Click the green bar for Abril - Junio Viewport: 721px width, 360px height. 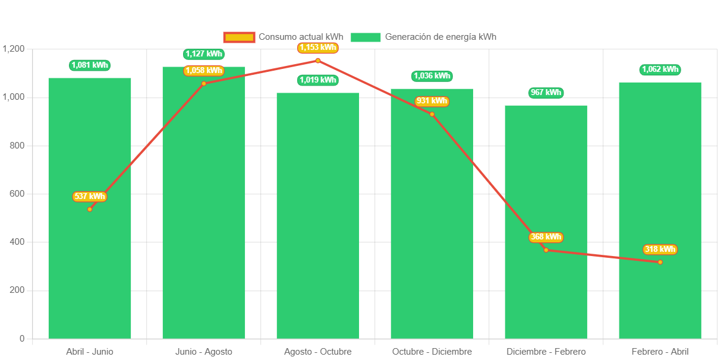(90, 267)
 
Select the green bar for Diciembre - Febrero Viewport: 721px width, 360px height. (546, 285)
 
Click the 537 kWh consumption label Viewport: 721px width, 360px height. (90, 197)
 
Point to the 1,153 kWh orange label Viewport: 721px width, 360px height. (318, 48)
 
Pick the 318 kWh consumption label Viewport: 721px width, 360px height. (660, 250)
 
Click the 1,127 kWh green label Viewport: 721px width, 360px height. (204, 54)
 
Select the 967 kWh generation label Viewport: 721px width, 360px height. (546, 93)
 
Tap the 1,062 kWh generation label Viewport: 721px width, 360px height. (660, 70)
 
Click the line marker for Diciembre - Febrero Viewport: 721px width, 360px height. (546, 250)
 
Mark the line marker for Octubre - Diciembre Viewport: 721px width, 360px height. (432, 114)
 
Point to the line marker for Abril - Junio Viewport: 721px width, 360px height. (90, 209)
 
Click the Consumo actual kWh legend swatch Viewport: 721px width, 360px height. (239, 37)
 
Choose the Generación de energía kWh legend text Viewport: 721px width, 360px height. (440, 37)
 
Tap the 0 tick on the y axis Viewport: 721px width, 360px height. (22, 339)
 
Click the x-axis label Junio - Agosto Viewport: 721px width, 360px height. (204, 352)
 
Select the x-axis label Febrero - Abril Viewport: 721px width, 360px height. (660, 352)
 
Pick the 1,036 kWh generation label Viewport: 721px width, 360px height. (432, 76)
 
